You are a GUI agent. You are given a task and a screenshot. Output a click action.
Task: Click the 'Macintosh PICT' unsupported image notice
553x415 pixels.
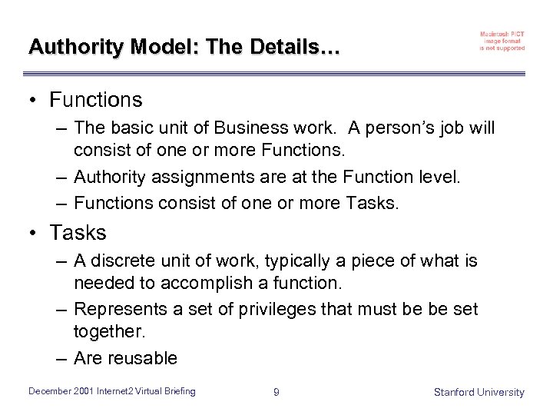(x=502, y=41)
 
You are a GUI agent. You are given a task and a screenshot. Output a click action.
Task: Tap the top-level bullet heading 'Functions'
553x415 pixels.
(x=96, y=100)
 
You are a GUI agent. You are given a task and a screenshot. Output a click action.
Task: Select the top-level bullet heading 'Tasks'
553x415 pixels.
(x=78, y=232)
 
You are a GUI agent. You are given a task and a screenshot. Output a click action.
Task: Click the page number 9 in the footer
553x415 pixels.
(x=276, y=392)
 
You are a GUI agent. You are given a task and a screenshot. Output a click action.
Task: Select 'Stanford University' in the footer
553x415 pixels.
(x=478, y=392)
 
